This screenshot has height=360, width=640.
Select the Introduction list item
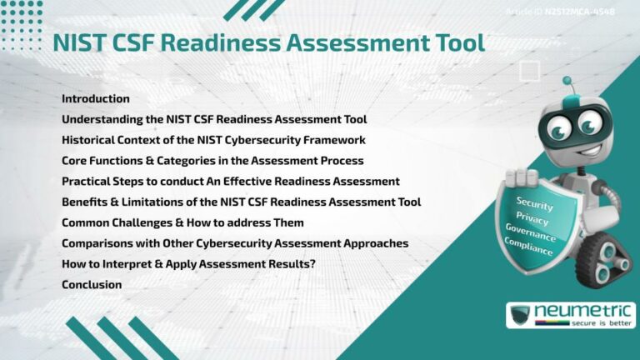pos(95,98)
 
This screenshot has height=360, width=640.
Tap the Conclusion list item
pos(92,285)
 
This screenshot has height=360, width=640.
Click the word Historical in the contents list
pos(89,140)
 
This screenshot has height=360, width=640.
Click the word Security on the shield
pos(534,202)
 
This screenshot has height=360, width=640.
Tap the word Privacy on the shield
pos(532,218)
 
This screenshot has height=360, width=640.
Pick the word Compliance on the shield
pos(529,247)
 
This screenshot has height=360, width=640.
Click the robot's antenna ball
pos(567,82)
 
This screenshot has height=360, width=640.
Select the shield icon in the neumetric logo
pos(521,316)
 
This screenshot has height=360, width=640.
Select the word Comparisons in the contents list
pos(97,243)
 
